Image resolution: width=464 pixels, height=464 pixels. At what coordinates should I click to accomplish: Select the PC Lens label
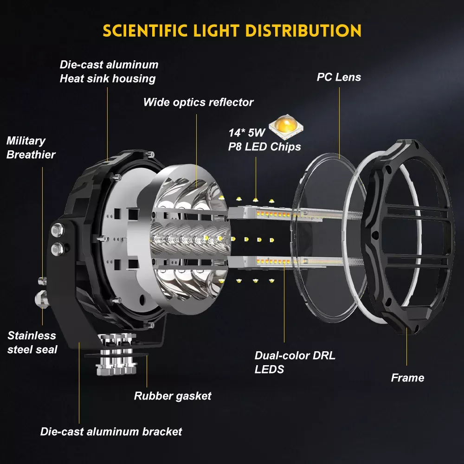pos(339,77)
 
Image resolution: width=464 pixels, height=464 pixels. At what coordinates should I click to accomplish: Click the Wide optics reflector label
pos(198,103)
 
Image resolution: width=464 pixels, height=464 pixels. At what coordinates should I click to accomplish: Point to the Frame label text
pos(407,378)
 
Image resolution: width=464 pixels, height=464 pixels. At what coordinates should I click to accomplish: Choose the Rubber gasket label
pos(173,396)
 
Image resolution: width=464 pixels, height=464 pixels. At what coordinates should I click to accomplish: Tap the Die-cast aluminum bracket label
pos(111,432)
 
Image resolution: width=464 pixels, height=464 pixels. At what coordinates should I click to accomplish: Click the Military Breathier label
pos(31,148)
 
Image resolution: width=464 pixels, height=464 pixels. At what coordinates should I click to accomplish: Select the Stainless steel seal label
pos(32,342)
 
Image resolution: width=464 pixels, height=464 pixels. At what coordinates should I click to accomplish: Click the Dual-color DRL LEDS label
pos(295,362)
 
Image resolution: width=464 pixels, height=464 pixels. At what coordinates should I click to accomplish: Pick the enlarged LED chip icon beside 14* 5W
pos(286,127)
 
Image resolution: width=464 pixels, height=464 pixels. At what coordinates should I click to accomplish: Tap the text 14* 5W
pos(246,133)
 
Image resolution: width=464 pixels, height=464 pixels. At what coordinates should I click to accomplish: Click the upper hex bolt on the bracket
pos(58,230)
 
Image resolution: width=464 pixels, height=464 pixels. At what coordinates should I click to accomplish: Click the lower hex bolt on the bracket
pos(57,249)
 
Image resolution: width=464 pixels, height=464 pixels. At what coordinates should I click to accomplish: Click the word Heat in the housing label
pos(72,79)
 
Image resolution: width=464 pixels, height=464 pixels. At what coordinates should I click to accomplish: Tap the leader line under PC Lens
pos(340,123)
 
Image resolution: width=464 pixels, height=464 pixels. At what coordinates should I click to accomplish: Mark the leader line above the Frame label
pos(406,347)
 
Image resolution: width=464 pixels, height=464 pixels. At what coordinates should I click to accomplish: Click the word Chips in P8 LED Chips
pos(285,147)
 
